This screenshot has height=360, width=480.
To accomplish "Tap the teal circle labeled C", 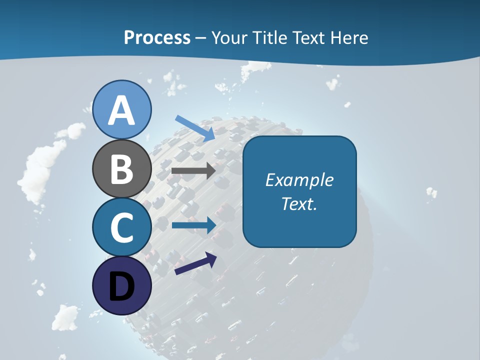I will pos(122,227).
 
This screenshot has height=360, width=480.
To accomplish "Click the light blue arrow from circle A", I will pos(195,127).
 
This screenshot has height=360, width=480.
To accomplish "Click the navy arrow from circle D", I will pos(195,264).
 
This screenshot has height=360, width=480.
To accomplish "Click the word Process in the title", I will pos(157,37).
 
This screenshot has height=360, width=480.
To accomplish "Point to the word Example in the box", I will pos(299,180).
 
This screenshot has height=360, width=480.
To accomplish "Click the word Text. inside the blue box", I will pos(299,203).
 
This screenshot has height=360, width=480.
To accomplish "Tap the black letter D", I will pos(121,287).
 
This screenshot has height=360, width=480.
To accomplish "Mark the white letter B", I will pos(121,169).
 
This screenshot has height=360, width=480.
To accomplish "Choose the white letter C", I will pos(122,227).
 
